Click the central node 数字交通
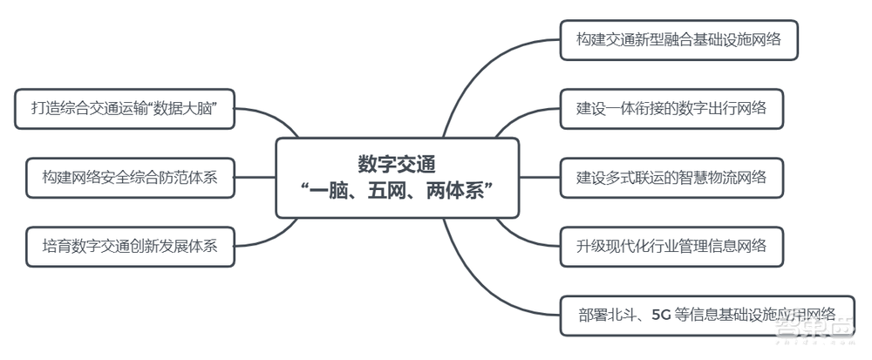[397, 178]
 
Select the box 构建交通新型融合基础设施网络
[678, 40]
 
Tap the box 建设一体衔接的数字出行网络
[671, 109]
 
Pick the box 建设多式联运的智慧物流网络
[671, 178]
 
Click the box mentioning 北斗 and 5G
[706, 315]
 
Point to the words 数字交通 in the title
[397, 164]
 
